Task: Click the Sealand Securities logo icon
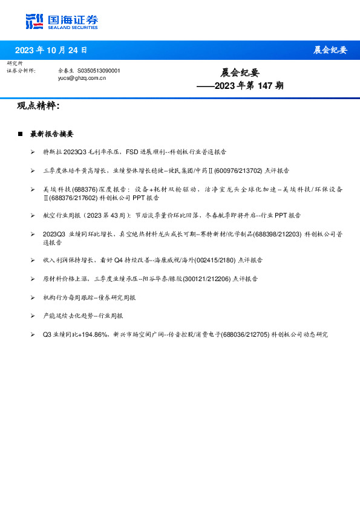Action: (x=34, y=21)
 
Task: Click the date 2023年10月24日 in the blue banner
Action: (x=51, y=50)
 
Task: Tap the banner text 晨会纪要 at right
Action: (x=330, y=50)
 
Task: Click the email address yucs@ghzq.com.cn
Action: (x=82, y=78)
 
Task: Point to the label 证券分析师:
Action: (x=21, y=71)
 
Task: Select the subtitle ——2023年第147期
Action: (x=240, y=86)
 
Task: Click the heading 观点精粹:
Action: (x=38, y=106)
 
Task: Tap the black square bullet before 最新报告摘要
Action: (x=20, y=134)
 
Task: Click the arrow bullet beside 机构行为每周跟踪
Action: (x=33, y=297)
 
